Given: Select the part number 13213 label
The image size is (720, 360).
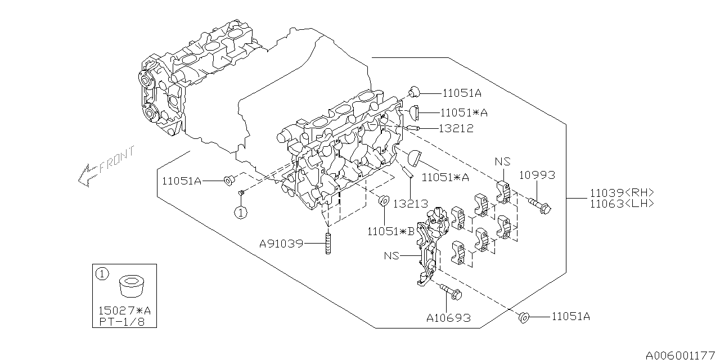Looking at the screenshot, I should point(410,203).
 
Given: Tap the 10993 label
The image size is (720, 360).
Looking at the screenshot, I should point(537,175).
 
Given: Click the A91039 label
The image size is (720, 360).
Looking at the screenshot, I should point(281,244).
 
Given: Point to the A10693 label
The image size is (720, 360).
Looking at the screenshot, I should point(448,318).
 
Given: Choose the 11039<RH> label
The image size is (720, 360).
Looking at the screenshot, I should point(622,192).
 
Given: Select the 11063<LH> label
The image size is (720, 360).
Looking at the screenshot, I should point(622,204).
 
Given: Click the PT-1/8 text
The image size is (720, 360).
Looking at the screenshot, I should point(120,322).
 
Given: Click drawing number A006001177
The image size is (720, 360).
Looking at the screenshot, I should point(682,355).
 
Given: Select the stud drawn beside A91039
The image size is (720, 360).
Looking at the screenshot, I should point(327,244).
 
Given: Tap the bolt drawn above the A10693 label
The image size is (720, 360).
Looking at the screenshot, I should point(450,291).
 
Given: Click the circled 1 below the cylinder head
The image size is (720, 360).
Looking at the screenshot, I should point(241,212).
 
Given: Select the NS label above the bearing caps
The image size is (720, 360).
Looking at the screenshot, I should point(502,161).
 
